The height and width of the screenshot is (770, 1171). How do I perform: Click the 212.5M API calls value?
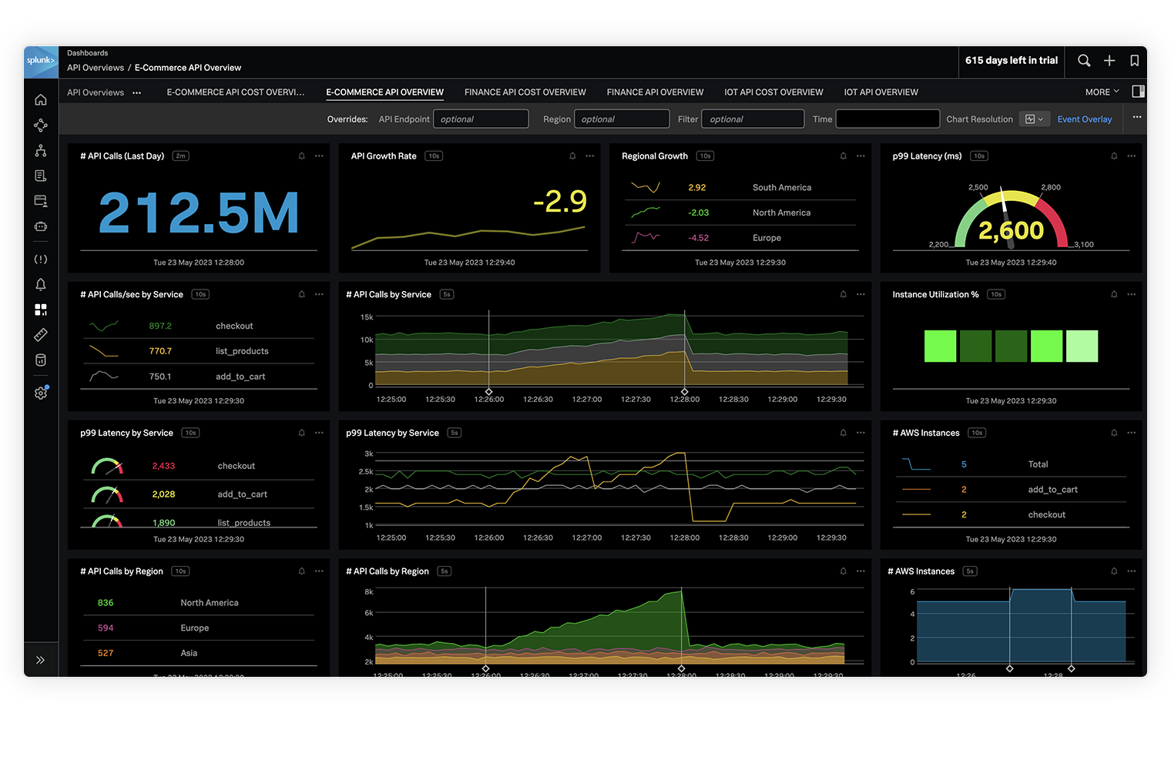(199, 213)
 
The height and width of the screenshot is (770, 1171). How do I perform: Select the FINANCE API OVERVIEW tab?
(655, 92)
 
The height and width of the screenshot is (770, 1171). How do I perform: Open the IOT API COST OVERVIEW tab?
(773, 92)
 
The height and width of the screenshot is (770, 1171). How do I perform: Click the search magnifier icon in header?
(1084, 61)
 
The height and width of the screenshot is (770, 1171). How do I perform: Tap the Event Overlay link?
(1084, 119)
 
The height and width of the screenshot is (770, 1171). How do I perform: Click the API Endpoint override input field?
(481, 119)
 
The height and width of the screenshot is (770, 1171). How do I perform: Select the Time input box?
(887, 119)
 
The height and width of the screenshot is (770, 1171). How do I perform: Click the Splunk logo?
(41, 62)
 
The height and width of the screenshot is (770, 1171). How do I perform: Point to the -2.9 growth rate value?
(560, 202)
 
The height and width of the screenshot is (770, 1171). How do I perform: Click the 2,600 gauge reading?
(1011, 230)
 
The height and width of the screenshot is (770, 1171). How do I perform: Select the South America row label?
(781, 188)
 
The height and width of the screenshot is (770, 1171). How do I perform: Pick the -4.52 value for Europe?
(698, 238)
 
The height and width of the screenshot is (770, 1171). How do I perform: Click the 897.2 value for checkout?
(160, 326)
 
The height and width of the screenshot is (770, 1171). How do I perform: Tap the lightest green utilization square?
(1082, 346)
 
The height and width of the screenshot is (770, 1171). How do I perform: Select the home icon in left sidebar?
(41, 100)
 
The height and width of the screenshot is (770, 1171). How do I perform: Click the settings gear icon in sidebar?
(41, 393)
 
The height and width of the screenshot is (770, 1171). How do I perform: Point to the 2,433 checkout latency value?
(163, 466)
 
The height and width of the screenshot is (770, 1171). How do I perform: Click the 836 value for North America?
(106, 603)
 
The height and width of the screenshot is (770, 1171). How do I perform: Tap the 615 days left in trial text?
(1011, 61)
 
